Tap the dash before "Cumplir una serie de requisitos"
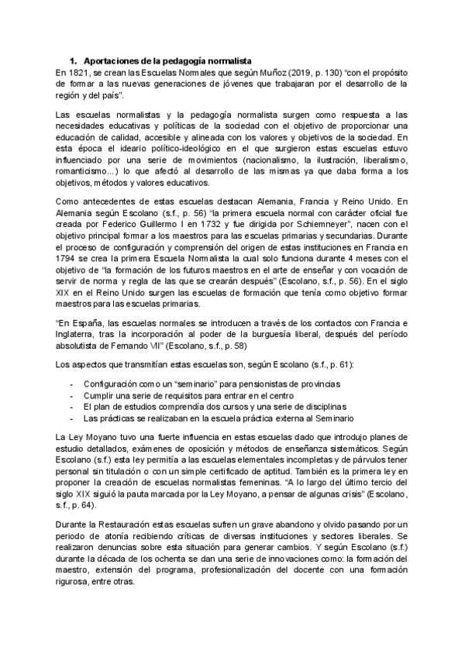72,395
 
